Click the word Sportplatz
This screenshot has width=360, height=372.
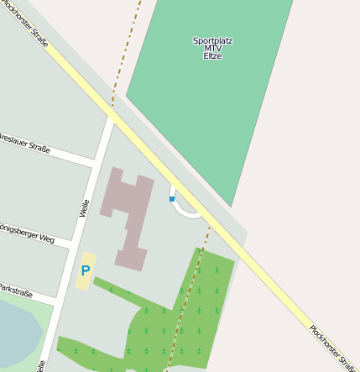pos(212,40)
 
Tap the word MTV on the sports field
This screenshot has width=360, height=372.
pos(212,48)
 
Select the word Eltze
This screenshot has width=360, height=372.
pos(212,55)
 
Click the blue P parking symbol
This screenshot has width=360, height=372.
pos(85,271)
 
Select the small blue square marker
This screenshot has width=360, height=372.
pos(172,199)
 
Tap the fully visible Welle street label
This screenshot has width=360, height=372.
pos(84,207)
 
